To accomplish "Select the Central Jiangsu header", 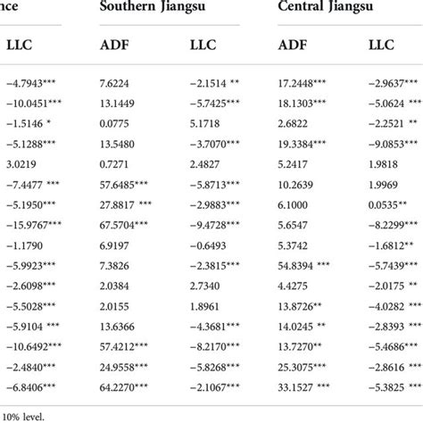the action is click(327, 11).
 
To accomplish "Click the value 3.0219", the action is click(21, 164).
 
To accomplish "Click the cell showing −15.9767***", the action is click(32, 224).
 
